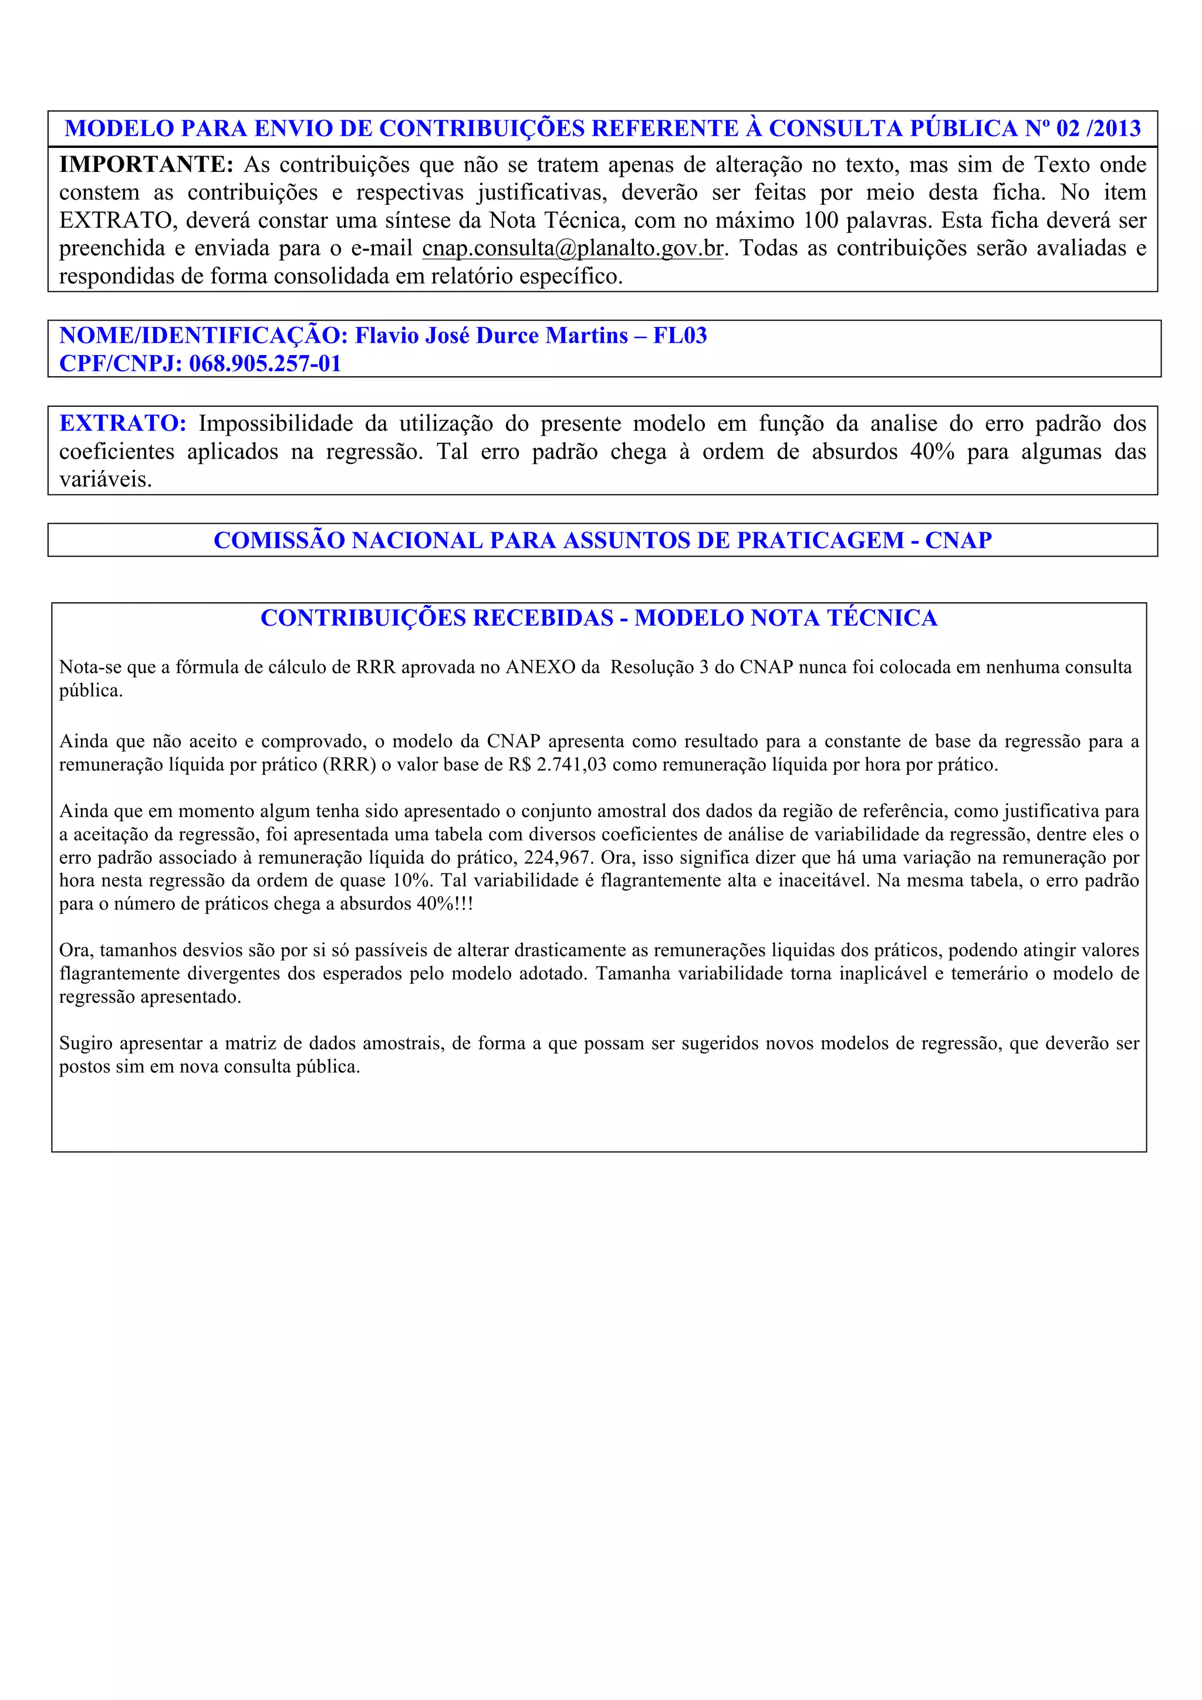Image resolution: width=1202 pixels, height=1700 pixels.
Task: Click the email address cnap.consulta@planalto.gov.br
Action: pyautogui.click(x=572, y=249)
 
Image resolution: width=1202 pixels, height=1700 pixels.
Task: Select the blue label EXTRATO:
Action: pyautogui.click(x=123, y=423)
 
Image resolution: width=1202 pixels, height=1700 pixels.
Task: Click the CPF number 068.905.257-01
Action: pyautogui.click(x=265, y=363)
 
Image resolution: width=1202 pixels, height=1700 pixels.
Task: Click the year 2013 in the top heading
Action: pyautogui.click(x=1117, y=129)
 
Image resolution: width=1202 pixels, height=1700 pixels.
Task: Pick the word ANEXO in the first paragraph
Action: pyautogui.click(x=541, y=667)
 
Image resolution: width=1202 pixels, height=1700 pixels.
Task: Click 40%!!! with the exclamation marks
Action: pyautogui.click(x=444, y=904)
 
